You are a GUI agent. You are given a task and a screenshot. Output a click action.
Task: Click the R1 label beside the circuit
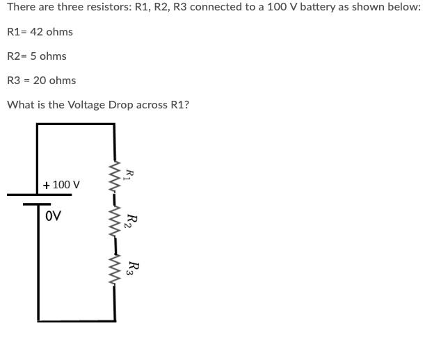pos(129,175)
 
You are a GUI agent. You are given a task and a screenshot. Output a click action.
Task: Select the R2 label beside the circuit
pos(129,222)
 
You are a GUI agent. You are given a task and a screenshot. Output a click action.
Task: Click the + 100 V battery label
pos(61,185)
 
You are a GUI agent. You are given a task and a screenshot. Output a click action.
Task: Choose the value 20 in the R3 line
pos(40,81)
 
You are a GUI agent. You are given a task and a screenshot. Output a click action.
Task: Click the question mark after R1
pos(186,105)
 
